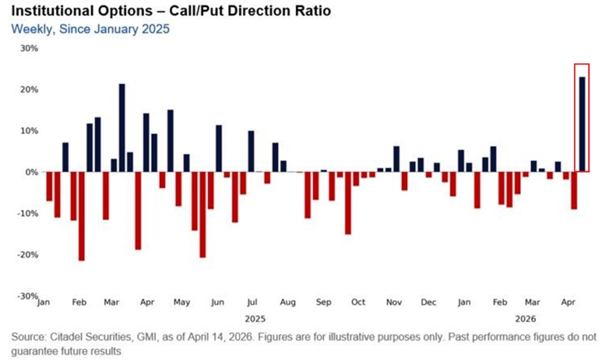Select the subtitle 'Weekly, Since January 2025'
point(89,29)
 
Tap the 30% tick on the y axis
point(29,48)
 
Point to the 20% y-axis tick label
point(29,89)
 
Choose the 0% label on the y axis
point(31,172)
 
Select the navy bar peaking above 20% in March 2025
point(122,127)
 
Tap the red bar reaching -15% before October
point(348,202)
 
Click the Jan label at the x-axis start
point(44,302)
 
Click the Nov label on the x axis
point(394,302)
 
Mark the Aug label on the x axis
point(287,302)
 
